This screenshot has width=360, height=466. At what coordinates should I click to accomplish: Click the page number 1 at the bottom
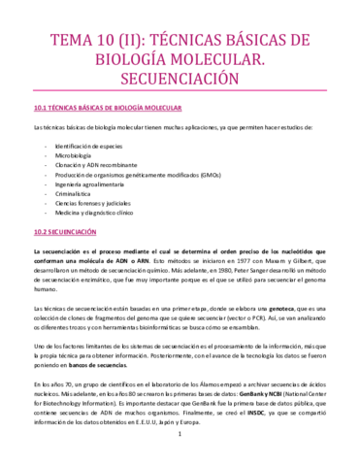180,448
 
